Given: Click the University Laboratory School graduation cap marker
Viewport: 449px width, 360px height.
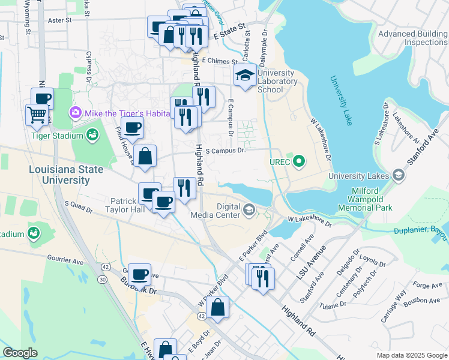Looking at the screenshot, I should pyautogui.click(x=244, y=76).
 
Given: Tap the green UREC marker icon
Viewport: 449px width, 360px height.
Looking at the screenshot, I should pyautogui.click(x=298, y=161).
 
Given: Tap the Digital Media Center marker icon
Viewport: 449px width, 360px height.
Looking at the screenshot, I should pyautogui.click(x=249, y=209).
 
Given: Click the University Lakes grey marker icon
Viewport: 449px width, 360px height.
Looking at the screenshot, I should pyautogui.click(x=398, y=175).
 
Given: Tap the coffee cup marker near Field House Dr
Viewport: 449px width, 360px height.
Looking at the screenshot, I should pyautogui.click(x=133, y=127).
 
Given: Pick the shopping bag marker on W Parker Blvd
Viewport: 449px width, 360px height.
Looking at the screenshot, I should pyautogui.click(x=220, y=307).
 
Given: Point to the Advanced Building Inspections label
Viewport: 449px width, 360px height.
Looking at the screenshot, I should pyautogui.click(x=412, y=38).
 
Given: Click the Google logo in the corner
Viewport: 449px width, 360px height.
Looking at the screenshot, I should pyautogui.click(x=20, y=353).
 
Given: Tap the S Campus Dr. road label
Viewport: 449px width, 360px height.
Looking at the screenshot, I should pyautogui.click(x=225, y=151).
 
